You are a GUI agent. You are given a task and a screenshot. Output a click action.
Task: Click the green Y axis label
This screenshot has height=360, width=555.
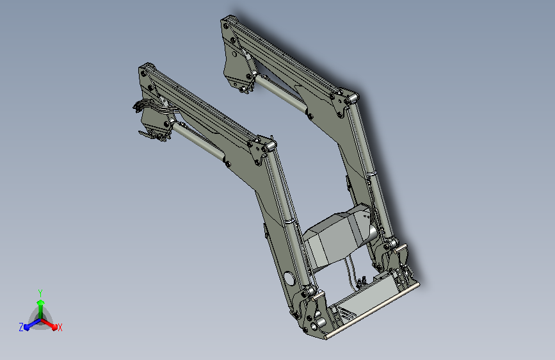[x=40, y=291]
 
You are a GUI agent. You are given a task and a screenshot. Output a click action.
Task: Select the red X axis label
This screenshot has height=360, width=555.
[x=60, y=327]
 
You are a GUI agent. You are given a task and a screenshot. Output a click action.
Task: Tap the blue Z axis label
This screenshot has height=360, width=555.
[x=21, y=327]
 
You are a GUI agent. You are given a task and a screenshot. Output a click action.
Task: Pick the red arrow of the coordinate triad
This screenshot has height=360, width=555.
[x=51, y=323]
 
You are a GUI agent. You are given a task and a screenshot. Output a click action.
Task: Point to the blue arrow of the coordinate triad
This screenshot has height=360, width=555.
[x=29, y=325]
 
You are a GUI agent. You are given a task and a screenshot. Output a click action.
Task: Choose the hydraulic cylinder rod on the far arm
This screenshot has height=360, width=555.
[x=282, y=92]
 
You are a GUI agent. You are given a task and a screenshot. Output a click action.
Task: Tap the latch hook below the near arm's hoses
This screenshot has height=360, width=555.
[x=150, y=135]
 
